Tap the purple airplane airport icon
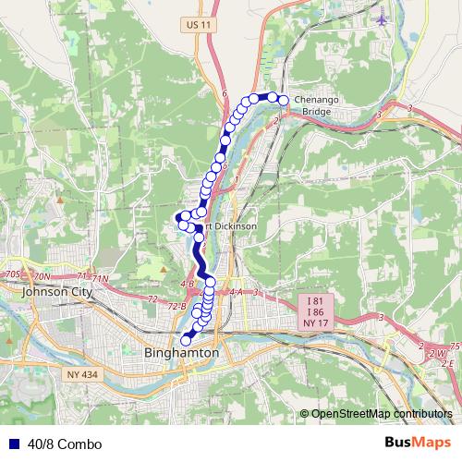(383, 18)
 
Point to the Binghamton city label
(182, 353)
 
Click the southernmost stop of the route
(186, 341)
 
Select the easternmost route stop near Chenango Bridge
(284, 101)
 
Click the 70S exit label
(12, 275)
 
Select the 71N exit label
(99, 278)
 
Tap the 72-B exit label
(177, 305)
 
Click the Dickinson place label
(235, 225)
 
